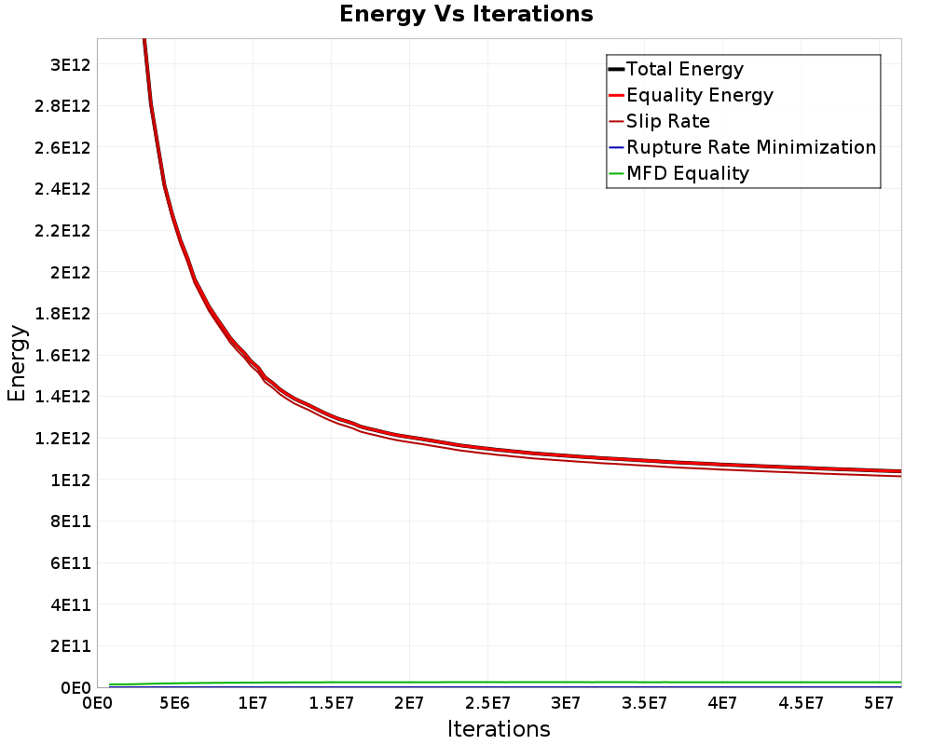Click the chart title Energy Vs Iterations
466,14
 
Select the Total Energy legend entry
684,69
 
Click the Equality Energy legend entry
699,95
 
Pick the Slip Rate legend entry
667,121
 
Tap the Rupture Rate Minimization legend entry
750,147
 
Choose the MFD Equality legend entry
687,173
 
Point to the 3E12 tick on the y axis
69,64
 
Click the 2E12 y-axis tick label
69,272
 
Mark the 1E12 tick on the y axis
69,480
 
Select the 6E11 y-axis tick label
69,562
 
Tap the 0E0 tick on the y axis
73,687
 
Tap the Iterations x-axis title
499,728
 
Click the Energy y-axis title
17,362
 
